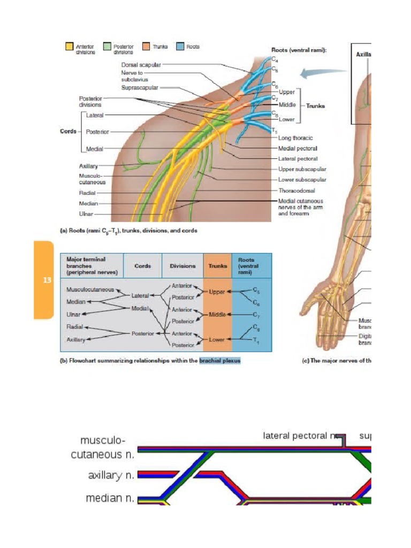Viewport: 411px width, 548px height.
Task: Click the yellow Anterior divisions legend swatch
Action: [69, 47]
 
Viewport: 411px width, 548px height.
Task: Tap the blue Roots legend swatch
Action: [180, 47]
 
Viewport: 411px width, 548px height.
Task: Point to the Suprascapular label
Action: [140, 88]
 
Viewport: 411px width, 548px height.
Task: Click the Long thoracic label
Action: [295, 138]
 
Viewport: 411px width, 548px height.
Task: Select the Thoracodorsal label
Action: [296, 190]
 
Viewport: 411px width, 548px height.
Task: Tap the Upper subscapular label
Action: [302, 169]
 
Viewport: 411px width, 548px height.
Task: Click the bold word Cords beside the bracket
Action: [67, 131]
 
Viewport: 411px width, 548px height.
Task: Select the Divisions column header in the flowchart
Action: [182, 265]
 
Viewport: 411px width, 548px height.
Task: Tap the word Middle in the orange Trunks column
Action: [217, 314]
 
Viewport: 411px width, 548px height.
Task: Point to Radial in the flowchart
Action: [74, 326]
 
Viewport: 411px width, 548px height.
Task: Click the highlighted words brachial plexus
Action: [219, 360]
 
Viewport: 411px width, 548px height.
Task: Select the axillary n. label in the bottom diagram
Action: [111, 475]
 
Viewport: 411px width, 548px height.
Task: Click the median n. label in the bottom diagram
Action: [110, 498]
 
